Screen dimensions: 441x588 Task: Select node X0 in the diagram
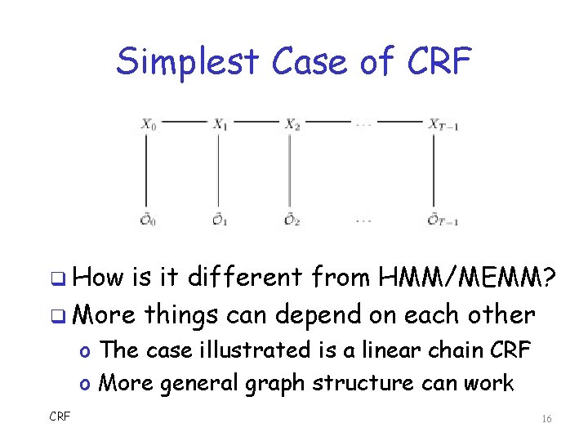click(148, 124)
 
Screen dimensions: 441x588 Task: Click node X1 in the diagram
click(220, 124)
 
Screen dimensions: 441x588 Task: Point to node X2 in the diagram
click(292, 124)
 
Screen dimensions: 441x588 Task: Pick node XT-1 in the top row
click(444, 124)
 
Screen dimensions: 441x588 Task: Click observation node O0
click(148, 220)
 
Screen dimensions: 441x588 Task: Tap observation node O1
click(220, 220)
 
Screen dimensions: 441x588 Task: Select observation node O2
click(292, 220)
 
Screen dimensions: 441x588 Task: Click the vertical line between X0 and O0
click(147, 171)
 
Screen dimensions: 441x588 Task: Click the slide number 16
click(546, 419)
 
